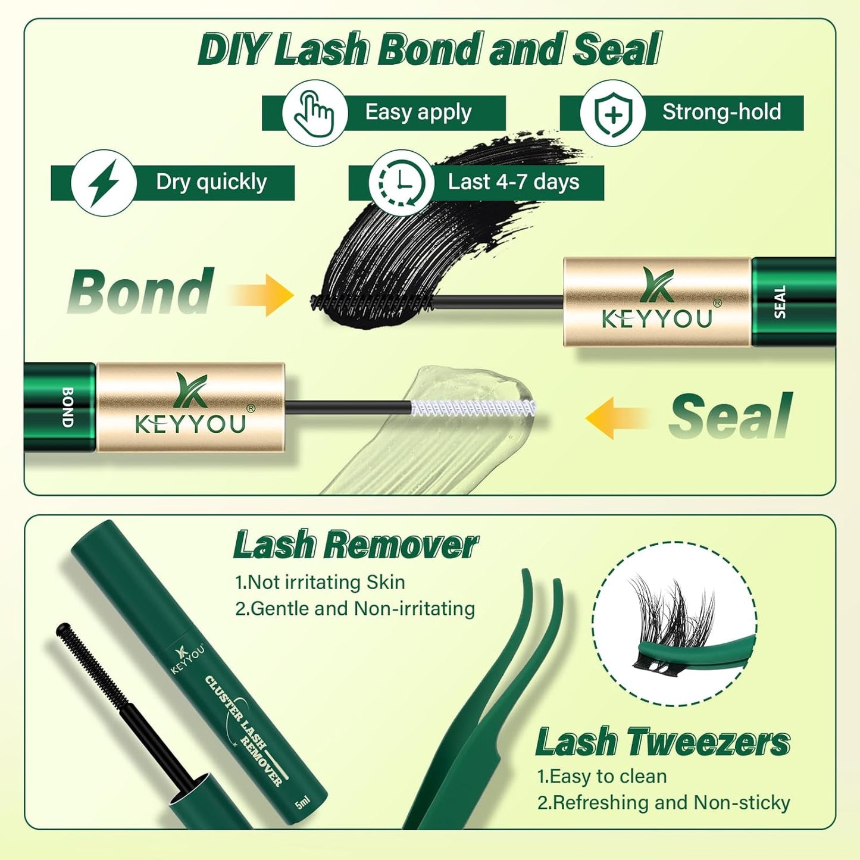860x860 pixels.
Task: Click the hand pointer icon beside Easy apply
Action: (314, 113)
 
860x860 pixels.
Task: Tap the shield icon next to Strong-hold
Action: (612, 113)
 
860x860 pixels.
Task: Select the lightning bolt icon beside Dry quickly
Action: (104, 183)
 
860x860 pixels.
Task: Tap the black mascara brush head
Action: (372, 302)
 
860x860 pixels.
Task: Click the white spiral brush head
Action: (473, 408)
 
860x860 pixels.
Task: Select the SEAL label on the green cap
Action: (780, 302)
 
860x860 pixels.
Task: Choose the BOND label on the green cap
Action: (68, 407)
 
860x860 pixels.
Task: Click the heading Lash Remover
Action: (355, 545)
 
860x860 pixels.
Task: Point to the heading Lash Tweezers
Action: (662, 742)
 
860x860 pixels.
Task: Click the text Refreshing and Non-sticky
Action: (664, 802)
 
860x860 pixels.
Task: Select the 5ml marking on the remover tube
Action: (302, 803)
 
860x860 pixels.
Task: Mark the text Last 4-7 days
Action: (513, 182)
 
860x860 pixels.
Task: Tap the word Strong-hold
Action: (721, 112)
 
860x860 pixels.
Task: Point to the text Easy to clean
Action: (602, 776)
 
